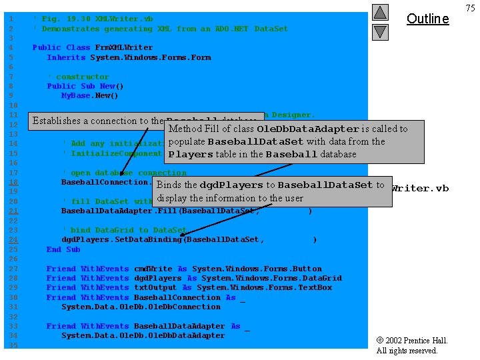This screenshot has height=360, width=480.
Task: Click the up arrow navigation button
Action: point(379,12)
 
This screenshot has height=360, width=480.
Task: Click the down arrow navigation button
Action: point(379,31)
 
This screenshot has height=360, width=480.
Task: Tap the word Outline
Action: point(427,19)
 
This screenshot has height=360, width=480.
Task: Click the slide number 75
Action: point(471,8)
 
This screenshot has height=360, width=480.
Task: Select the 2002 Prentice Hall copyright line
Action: point(412,341)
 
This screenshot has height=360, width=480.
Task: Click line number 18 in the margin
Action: point(12,182)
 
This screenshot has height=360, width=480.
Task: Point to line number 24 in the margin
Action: point(12,239)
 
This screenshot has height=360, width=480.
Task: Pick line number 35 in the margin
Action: point(12,345)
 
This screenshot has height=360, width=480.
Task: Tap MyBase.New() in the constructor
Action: point(89,95)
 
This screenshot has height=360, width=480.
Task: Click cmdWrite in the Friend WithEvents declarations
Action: point(153,269)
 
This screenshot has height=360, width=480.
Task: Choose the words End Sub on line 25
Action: point(63,249)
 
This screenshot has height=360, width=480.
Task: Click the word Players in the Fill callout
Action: point(190,155)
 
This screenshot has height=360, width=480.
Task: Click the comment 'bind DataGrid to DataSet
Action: point(124,230)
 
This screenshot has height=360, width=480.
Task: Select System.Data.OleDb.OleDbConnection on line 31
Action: point(141,307)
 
